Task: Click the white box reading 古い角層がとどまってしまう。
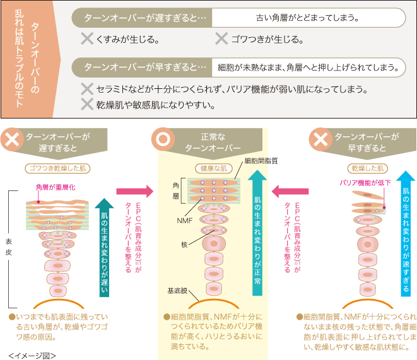[x=307, y=18]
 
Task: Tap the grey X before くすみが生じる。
[x=88, y=39]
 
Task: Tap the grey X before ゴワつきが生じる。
[x=221, y=39]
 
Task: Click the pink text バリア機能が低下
[x=366, y=183]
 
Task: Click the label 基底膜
[x=177, y=291]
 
